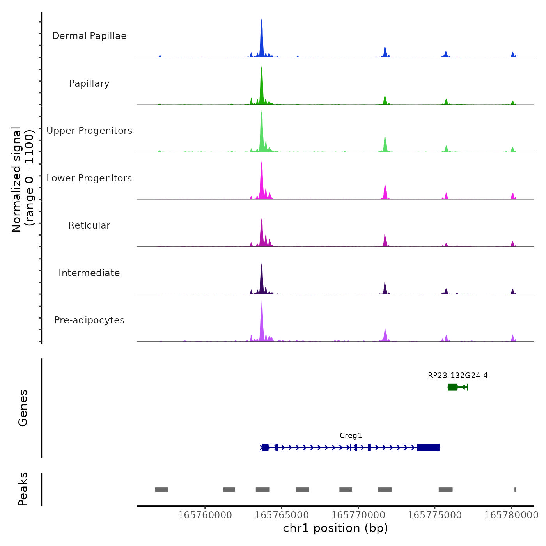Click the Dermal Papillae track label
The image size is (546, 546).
pyautogui.click(x=89, y=36)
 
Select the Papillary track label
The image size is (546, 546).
pyautogui.click(x=89, y=83)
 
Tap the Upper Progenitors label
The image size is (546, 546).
pyautogui.click(x=89, y=131)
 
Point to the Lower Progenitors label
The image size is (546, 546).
pyautogui.click(x=89, y=178)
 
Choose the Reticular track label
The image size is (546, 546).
pyautogui.click(x=89, y=225)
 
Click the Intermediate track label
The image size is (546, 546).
pyautogui.click(x=89, y=273)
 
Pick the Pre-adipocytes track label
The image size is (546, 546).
pyautogui.click(x=89, y=320)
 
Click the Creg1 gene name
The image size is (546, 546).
pyautogui.click(x=351, y=436)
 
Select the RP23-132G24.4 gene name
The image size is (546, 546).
pyautogui.click(x=457, y=376)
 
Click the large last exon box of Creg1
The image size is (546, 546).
pyautogui.click(x=428, y=447)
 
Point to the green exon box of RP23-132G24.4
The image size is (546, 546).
pyautogui.click(x=452, y=387)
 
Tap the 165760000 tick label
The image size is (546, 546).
pyautogui.click(x=205, y=515)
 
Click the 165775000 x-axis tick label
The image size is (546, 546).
pyautogui.click(x=434, y=515)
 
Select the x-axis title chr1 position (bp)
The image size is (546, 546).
pyautogui.click(x=335, y=528)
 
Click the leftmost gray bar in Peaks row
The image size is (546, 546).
pyautogui.click(x=161, y=489)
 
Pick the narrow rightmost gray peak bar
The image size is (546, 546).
pyautogui.click(x=515, y=489)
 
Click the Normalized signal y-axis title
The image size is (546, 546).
pyautogui.click(x=23, y=179)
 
